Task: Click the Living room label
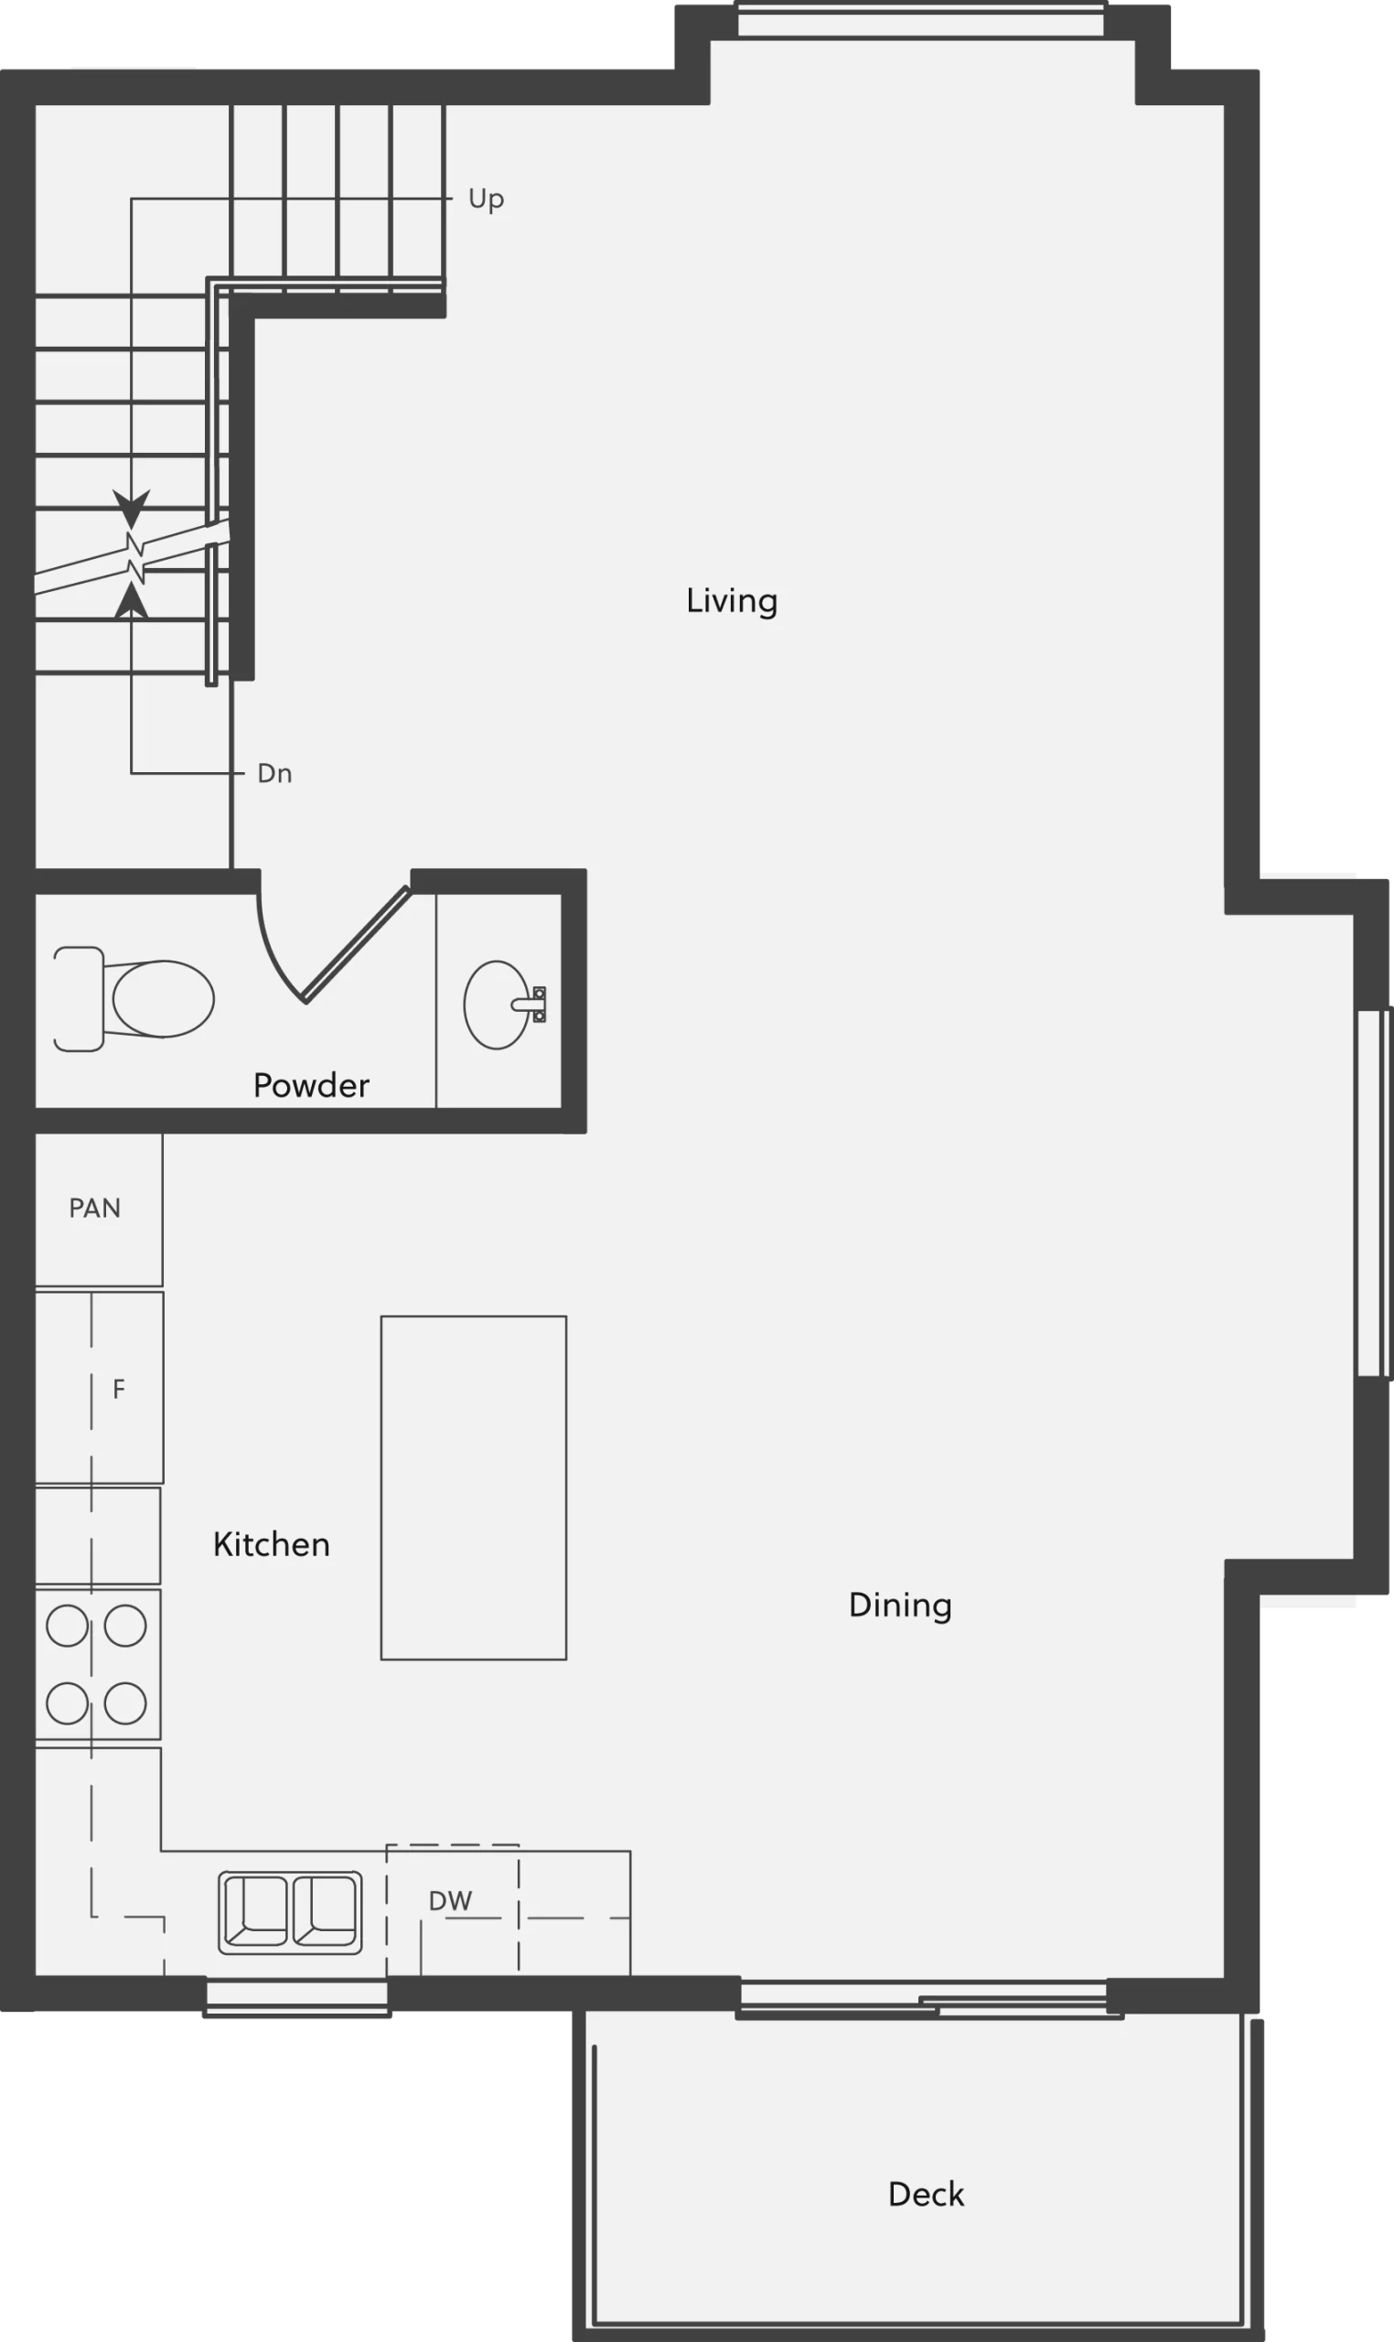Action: [732, 601]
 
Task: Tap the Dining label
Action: [900, 1605]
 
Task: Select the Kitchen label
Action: [272, 1544]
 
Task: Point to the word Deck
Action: [927, 2195]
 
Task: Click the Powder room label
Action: [311, 1085]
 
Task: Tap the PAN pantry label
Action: [95, 1209]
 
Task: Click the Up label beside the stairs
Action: [487, 199]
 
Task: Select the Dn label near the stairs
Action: [274, 773]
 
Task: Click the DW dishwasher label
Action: [450, 1901]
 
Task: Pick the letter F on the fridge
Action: [118, 1390]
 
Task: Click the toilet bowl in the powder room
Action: [163, 999]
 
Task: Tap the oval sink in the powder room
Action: [497, 1004]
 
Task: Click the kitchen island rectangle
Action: [474, 1488]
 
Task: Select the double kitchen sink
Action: [290, 1913]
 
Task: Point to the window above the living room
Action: [920, 21]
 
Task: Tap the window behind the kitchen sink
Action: [297, 1997]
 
